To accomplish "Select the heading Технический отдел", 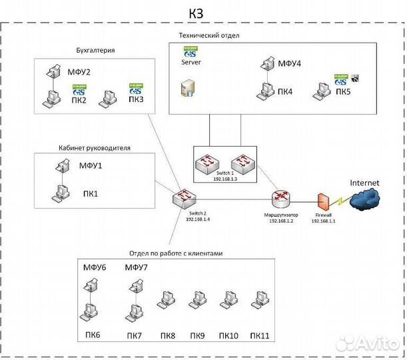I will pos(209,35).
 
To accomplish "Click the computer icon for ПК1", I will pos(60,193).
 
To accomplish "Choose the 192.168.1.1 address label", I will pos(324,221).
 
